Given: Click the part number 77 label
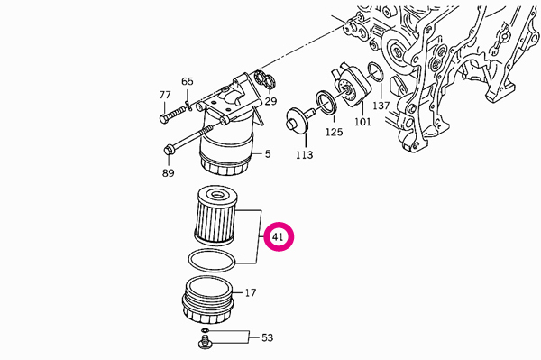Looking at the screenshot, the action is click(165, 95).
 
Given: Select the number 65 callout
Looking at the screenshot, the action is click(188, 81).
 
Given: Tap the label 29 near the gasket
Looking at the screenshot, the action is click(270, 101).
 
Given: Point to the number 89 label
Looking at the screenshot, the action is click(168, 172).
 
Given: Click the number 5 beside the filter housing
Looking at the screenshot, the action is click(268, 154).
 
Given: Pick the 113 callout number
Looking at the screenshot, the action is click(304, 154).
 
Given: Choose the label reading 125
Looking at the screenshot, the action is click(334, 132).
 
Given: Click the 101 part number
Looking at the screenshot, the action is click(362, 122).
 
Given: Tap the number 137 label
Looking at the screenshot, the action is click(381, 106).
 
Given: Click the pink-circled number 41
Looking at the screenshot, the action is click(278, 236).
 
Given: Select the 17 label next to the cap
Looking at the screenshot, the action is click(251, 292).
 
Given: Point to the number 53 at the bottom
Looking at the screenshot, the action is click(267, 337).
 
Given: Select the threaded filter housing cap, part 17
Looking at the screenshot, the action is click(208, 300).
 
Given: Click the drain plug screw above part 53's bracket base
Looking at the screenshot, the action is click(205, 343).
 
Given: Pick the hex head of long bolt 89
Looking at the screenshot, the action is click(168, 150).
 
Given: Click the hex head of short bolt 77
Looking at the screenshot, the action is click(164, 118).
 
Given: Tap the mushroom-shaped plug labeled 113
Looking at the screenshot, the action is click(298, 120).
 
